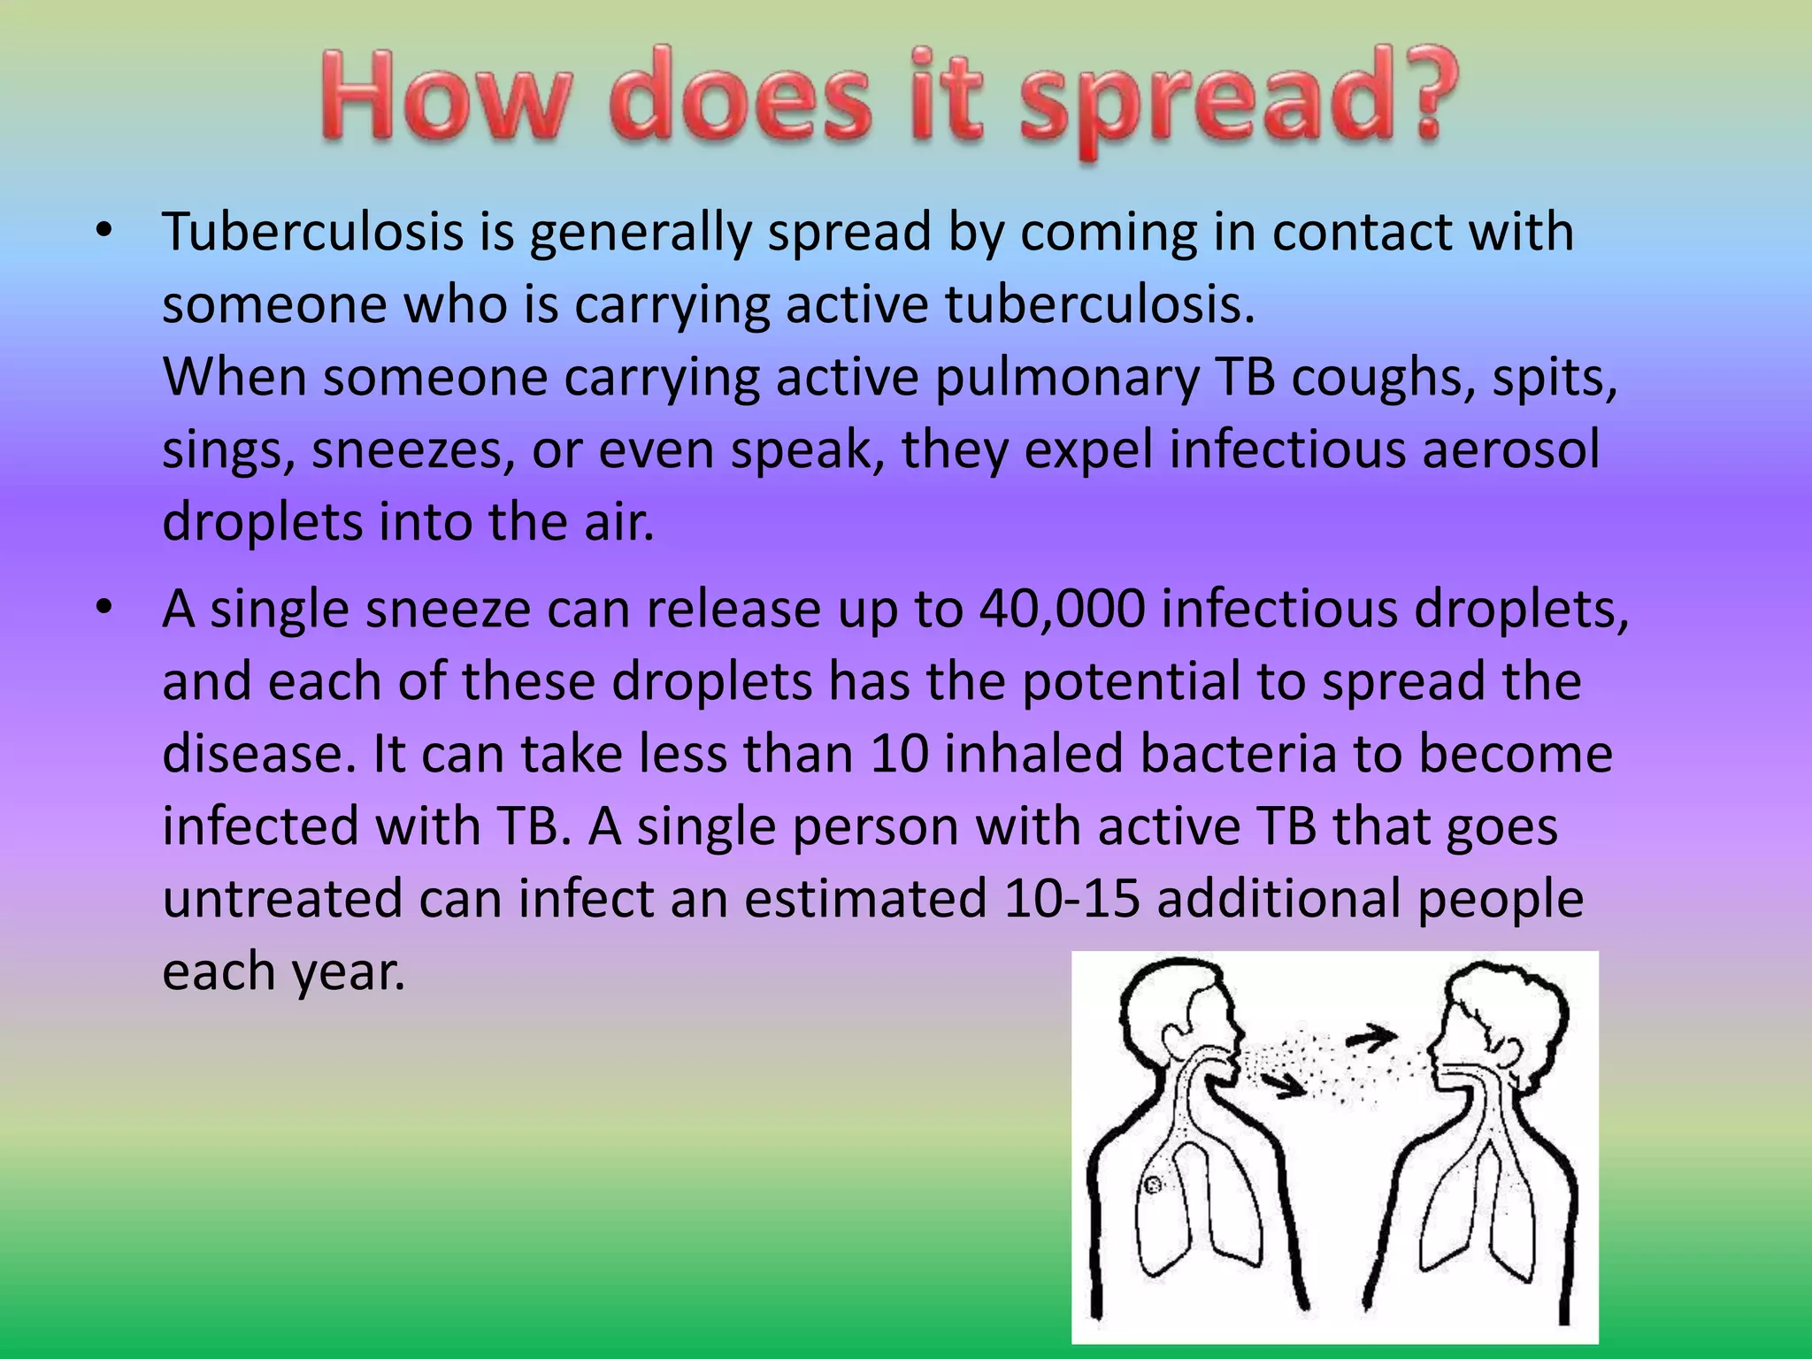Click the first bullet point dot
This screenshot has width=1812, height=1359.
point(105,232)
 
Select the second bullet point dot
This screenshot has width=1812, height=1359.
point(105,609)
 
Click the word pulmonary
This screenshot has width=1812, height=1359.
point(1066,378)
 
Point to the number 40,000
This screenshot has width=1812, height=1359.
point(1062,610)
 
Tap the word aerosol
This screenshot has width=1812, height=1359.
point(1511,449)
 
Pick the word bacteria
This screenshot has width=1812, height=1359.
point(1238,754)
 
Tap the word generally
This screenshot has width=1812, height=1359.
point(641,234)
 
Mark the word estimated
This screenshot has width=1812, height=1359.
point(865,899)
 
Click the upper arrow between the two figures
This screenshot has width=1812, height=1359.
point(1372,1037)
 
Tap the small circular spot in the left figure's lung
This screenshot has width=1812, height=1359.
point(1153,1184)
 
